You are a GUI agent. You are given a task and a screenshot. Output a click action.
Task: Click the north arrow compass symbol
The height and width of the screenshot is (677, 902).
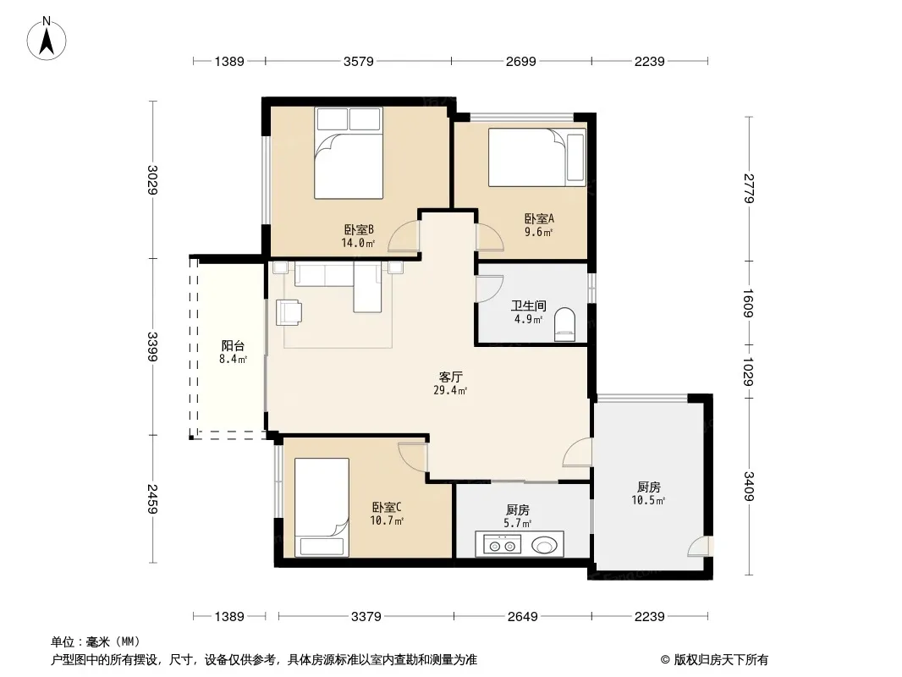[x=47, y=39]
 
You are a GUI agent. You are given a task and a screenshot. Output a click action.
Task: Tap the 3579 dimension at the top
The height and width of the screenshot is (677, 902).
[x=359, y=61]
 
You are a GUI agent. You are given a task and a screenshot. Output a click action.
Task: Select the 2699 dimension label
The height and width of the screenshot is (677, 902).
[x=520, y=61]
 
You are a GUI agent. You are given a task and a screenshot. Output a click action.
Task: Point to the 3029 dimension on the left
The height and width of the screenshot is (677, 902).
[x=152, y=179]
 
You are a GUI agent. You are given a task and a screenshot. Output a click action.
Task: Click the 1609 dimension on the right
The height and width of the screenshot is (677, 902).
[x=748, y=303]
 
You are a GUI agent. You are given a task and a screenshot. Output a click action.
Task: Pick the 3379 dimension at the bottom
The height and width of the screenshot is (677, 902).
[x=366, y=617]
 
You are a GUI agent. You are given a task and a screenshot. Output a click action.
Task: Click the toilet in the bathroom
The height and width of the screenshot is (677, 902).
[x=565, y=325]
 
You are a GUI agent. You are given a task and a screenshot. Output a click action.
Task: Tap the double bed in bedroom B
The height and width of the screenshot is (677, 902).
[x=349, y=153]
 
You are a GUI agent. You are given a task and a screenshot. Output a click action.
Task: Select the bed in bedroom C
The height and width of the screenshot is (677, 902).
[x=322, y=507]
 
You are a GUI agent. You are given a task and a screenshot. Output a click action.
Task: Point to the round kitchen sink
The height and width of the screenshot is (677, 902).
[x=544, y=544]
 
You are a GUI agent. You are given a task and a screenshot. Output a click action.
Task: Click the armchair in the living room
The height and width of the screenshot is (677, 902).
[x=289, y=312]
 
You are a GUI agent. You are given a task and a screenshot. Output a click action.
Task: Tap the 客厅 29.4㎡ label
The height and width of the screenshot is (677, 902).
[x=450, y=383]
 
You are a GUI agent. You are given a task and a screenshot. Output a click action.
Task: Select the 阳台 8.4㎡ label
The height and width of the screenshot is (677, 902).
[x=233, y=353]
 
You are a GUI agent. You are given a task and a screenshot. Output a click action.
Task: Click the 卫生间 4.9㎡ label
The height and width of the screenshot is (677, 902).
[x=529, y=312]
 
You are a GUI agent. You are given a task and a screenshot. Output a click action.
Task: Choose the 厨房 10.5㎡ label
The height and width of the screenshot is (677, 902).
[x=648, y=493]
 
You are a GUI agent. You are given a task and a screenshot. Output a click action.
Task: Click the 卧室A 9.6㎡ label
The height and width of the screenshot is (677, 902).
[x=539, y=225]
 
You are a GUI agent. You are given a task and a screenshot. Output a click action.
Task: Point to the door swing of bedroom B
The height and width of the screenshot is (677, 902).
[x=404, y=236]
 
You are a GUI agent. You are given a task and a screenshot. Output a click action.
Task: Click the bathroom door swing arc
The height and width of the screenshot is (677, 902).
[x=490, y=289]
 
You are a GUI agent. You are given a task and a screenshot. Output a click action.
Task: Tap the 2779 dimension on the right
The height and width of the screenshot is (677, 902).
[x=748, y=188]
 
